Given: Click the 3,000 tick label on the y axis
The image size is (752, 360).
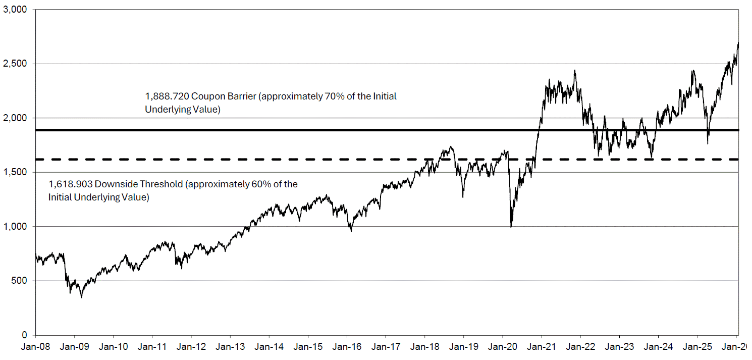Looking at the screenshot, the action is pos(15,10).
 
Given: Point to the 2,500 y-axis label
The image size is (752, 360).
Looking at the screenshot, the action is pos(15,64).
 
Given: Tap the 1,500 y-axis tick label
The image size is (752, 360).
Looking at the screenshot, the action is pos(15,172).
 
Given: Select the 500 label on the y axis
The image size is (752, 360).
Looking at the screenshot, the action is pos(19,280).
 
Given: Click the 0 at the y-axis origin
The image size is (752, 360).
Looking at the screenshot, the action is pos(25,335).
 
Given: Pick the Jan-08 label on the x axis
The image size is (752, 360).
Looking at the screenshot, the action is pos(36,346).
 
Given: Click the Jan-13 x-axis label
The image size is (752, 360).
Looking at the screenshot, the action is pos(230,346).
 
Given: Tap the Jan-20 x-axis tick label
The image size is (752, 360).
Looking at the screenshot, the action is pos(503,346).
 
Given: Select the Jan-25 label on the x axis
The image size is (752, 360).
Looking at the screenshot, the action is pos(697,346).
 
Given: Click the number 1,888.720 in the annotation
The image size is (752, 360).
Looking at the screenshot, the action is pos(167,96).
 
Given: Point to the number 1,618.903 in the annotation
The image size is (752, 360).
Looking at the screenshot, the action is pos(70,184).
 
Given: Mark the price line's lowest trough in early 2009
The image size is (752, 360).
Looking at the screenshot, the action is pos(82,297).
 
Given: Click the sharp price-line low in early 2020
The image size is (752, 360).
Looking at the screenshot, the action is pos(511,227).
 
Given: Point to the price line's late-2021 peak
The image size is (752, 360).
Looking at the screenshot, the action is pos(575,70).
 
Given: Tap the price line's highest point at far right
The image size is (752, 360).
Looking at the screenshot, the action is pos(738,42).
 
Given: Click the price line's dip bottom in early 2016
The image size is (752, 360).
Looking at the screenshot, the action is pos(351,231).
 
